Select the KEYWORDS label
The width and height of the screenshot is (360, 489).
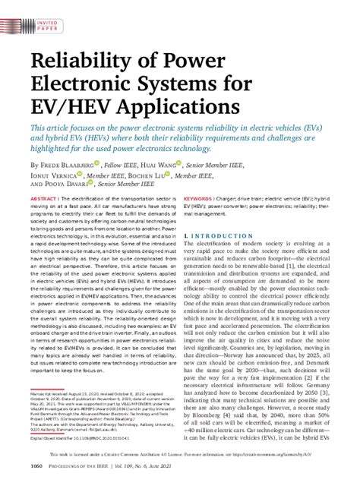pyautogui.click(x=198, y=199)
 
